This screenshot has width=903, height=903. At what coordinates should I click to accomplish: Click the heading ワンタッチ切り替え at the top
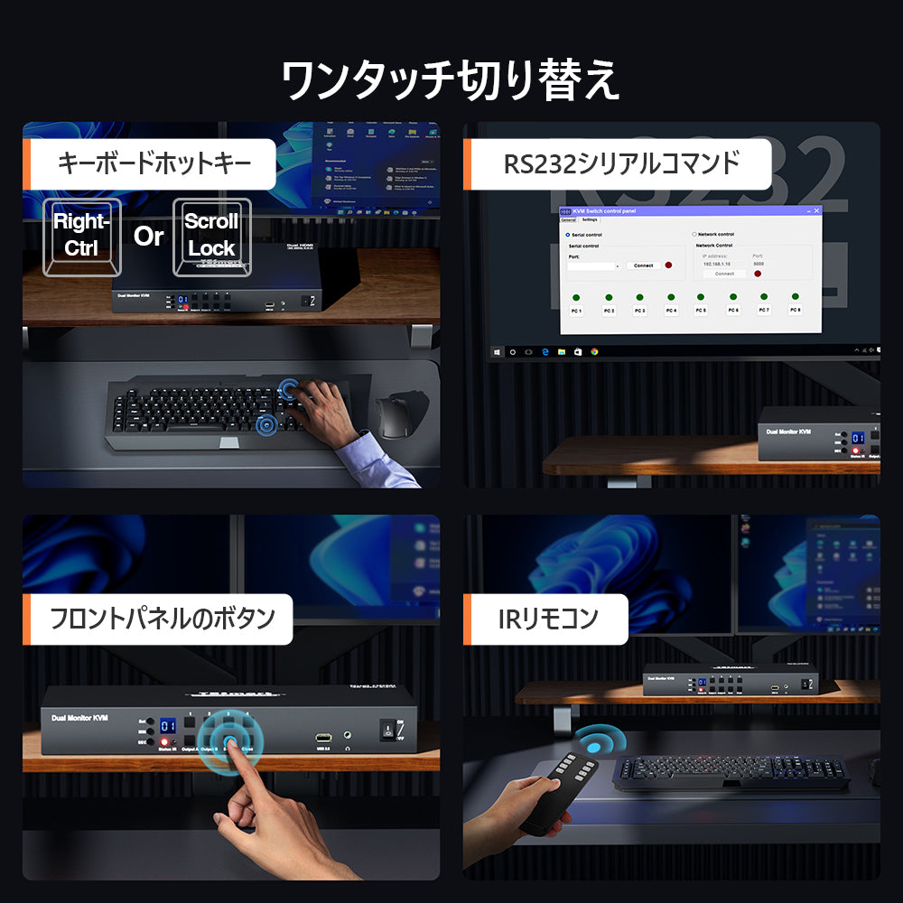(x=451, y=81)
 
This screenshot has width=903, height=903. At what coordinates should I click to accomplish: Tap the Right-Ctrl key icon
(x=81, y=235)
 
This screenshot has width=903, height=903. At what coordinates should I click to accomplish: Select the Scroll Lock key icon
(x=211, y=235)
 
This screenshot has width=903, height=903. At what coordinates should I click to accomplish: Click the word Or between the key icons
(x=148, y=237)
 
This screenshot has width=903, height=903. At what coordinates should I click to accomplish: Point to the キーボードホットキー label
(x=154, y=163)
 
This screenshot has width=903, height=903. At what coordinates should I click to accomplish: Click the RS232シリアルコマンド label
(x=621, y=163)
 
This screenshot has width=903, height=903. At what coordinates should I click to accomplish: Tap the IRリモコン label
(x=548, y=619)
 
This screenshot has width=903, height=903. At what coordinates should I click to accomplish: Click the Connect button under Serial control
(x=643, y=265)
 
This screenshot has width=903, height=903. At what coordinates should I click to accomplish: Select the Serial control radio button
(x=567, y=235)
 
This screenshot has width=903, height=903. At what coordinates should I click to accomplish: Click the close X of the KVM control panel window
(x=817, y=210)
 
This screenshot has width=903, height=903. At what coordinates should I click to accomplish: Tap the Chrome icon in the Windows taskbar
(x=594, y=350)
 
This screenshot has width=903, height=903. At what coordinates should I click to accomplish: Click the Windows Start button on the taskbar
(x=497, y=350)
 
